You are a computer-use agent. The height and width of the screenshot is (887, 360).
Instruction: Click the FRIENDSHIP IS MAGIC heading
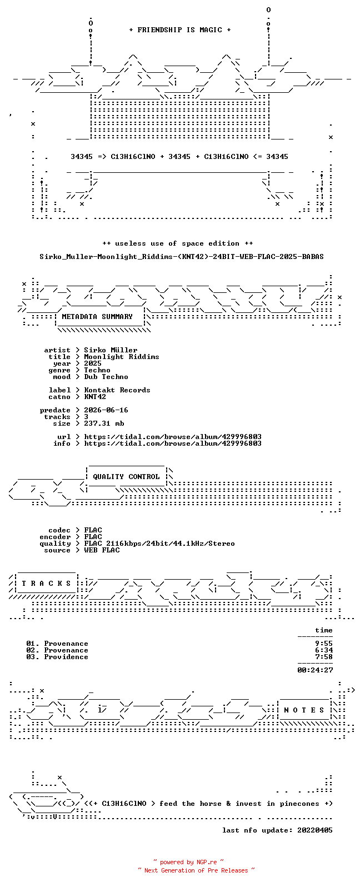pyautogui.click(x=180, y=29)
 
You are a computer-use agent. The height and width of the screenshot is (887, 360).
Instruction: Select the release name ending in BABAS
pyautogui.click(x=181, y=257)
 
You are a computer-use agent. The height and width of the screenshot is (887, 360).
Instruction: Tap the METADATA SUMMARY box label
pyautogui.click(x=97, y=317)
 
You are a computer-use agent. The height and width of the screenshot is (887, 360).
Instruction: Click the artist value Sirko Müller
pyautogui.click(x=111, y=350)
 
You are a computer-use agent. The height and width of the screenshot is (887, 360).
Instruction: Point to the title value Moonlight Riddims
pyautogui.click(x=121, y=357)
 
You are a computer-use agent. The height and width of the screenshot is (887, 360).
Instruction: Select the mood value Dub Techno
pyautogui.click(x=106, y=377)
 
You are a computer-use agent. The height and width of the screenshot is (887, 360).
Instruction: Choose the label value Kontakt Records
pyautogui.click(x=117, y=390)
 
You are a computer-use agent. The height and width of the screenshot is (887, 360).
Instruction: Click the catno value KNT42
pyautogui.click(x=94, y=397)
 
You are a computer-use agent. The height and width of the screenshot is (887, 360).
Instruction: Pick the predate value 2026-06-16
pyautogui.click(x=106, y=410)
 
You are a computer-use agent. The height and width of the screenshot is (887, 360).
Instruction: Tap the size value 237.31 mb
pyautogui.click(x=104, y=423)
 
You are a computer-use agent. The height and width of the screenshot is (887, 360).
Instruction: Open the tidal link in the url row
pyautogui.click(x=173, y=437)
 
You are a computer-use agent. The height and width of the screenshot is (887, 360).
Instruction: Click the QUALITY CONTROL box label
pyautogui.click(x=126, y=477)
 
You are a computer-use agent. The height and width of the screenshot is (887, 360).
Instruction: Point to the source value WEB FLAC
pyautogui.click(x=101, y=550)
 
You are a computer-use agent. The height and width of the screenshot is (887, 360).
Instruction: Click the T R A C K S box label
pyautogui.click(x=46, y=584)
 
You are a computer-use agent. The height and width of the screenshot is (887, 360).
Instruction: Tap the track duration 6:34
pyautogui.click(x=323, y=650)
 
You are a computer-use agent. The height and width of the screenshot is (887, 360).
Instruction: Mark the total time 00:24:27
pyautogui.click(x=315, y=670)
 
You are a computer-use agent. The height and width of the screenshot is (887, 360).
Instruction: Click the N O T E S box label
pyautogui.click(x=304, y=710)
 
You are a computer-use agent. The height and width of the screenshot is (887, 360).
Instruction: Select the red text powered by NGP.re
pyautogui.click(x=188, y=862)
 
